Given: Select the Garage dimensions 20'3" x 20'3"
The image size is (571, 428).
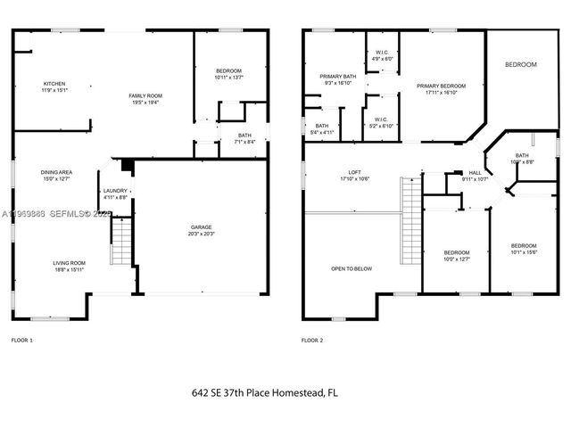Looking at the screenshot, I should pos(202,233).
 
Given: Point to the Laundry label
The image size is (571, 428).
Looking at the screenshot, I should pos(115,191).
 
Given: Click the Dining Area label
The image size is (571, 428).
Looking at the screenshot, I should pos(55,173).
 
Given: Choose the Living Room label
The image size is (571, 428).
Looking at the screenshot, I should pos(68,262).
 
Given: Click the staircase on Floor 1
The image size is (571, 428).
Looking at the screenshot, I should pos(120,243).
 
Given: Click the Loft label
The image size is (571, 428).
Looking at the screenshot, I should pos(354,174).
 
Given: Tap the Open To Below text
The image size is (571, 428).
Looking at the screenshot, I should pos(352,268).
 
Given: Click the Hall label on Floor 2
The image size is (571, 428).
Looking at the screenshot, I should pos(476,174).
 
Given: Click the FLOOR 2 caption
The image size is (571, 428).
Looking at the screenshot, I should pos(311,341).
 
